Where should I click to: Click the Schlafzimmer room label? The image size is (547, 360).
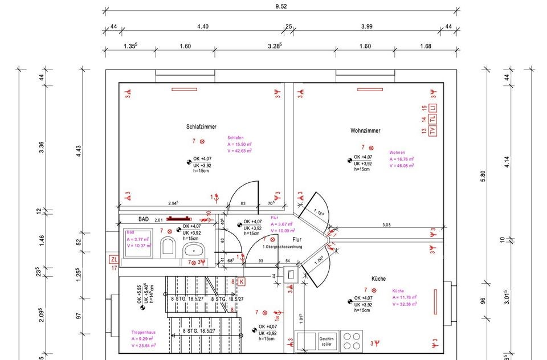point(201,127)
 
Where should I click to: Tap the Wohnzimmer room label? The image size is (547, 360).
point(365,131)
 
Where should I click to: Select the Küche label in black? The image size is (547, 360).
point(378,279)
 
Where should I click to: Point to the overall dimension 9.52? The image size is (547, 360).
point(280,7)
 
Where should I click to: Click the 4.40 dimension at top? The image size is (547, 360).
point(203,26)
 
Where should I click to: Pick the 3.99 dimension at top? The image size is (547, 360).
point(368,26)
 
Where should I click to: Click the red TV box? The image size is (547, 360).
point(432,131)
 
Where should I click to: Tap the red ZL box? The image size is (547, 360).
point(115,259)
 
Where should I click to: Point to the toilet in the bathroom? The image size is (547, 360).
point(168,246)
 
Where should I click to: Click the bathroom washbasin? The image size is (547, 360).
point(195,249)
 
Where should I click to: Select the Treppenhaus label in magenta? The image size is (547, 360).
point(144,332)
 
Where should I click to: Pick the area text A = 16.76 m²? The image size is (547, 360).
point(402,159)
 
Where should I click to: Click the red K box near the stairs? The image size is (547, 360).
point(241,281)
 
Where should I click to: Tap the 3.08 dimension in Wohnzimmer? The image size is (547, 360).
point(387,226)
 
